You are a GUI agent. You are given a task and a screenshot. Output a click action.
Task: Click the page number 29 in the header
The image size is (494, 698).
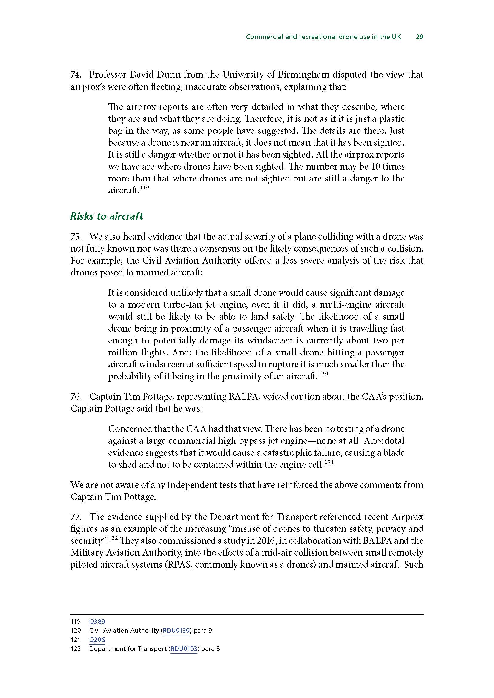(419, 37)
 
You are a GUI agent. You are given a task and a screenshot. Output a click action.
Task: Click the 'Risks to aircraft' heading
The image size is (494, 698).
(107, 216)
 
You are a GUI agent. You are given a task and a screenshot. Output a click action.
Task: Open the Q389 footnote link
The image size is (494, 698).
(97, 622)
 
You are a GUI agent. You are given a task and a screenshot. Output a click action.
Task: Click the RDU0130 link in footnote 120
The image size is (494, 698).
(176, 631)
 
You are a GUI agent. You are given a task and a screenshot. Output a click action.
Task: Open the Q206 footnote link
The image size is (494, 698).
(97, 640)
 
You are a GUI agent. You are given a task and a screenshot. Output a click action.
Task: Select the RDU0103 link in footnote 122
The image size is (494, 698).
(184, 649)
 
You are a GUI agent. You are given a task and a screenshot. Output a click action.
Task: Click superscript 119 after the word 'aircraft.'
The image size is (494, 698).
(145, 188)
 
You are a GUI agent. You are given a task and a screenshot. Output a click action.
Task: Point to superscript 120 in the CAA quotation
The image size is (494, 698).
(324, 374)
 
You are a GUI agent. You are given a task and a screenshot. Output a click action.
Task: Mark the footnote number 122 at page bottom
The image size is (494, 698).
(76, 649)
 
